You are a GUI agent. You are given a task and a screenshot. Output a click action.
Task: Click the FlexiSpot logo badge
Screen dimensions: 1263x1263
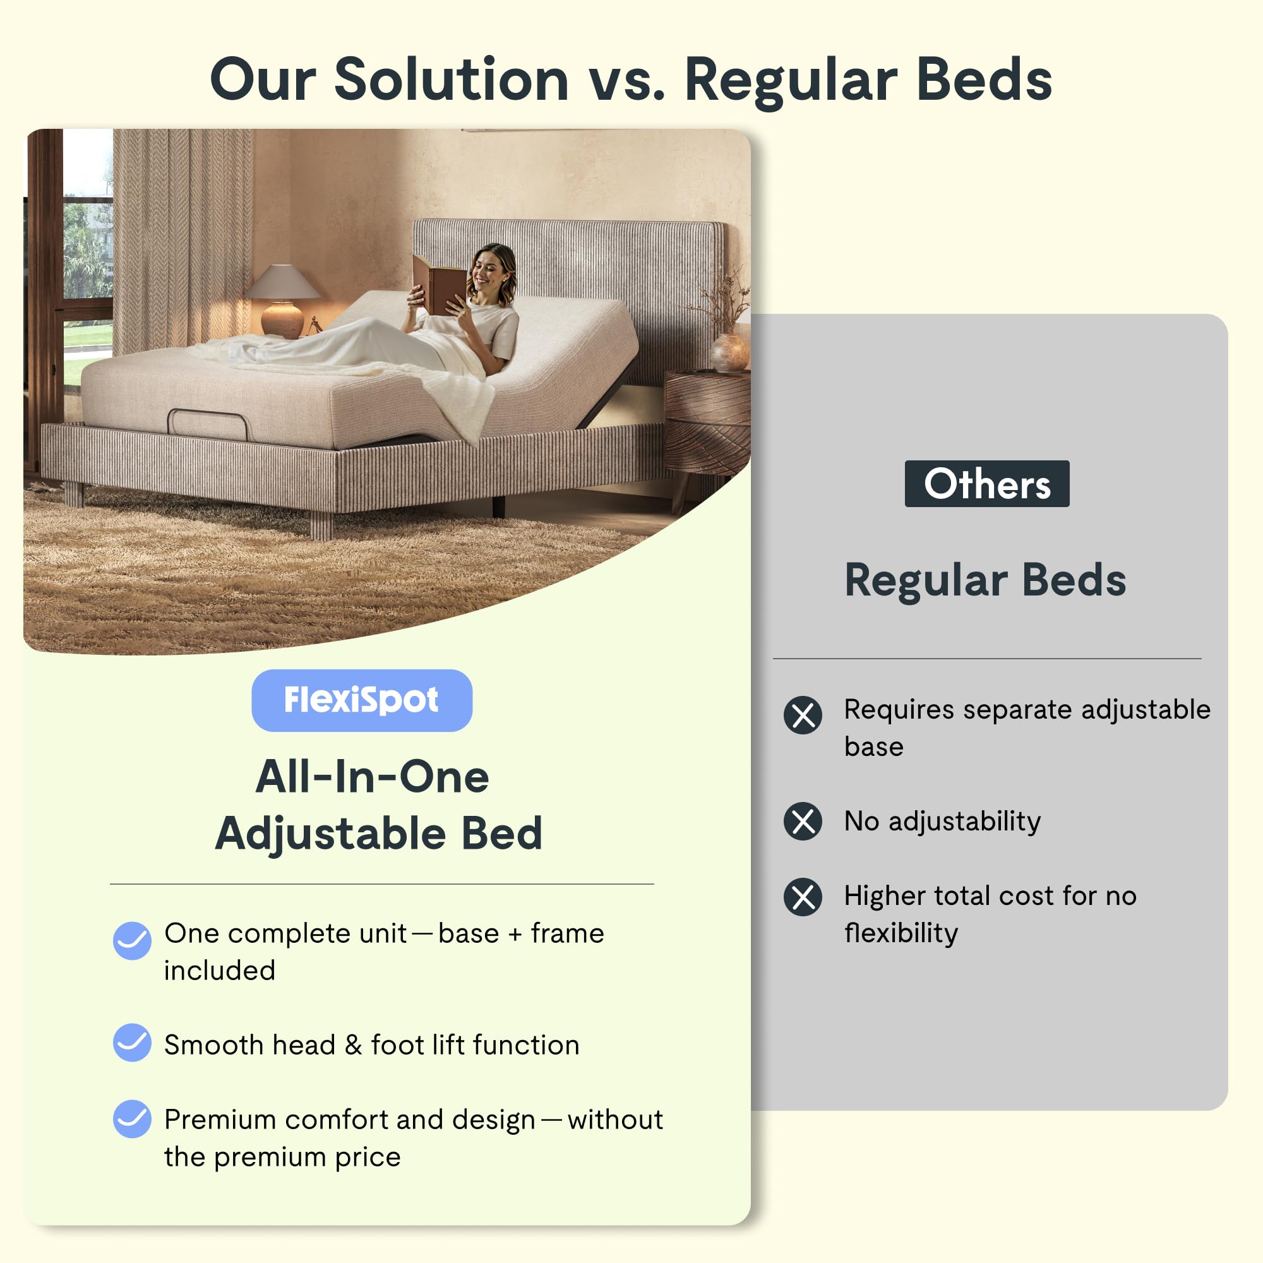361,700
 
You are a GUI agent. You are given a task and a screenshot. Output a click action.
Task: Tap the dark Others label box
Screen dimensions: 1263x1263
986,484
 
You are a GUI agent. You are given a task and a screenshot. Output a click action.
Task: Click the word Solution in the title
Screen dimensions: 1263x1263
451,80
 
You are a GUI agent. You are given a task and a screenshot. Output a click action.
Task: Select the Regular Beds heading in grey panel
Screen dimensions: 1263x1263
985,580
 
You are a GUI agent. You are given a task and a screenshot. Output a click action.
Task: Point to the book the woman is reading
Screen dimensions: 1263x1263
438,283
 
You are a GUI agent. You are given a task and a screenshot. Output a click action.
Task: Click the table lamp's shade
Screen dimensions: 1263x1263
282,282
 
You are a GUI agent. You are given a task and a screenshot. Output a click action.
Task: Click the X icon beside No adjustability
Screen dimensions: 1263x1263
803,821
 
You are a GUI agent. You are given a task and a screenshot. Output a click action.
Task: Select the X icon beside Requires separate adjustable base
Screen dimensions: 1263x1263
803,715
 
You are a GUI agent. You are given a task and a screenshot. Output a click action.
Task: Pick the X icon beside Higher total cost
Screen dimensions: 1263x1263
803,896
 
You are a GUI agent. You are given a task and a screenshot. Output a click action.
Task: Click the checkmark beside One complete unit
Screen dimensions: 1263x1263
132,941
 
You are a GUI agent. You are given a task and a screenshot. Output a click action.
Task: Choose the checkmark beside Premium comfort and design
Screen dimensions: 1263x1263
132,1118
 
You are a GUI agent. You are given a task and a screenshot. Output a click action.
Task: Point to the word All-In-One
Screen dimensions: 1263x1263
372,777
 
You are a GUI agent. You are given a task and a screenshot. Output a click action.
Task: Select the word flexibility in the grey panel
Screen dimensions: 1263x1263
901,933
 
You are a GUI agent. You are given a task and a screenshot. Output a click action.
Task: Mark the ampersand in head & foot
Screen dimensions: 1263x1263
353,1045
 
